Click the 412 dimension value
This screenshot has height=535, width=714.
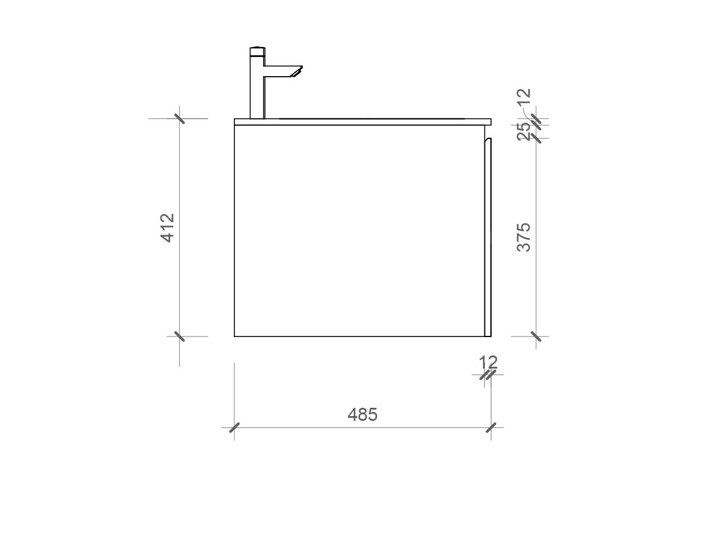pyautogui.click(x=168, y=227)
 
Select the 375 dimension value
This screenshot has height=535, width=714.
pyautogui.click(x=524, y=237)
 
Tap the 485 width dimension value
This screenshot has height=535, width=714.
pyautogui.click(x=362, y=414)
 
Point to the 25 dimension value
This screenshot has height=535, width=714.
pyautogui.click(x=524, y=131)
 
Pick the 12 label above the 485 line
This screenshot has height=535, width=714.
pyautogui.click(x=488, y=361)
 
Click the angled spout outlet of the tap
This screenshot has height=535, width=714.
pyautogui.click(x=295, y=72)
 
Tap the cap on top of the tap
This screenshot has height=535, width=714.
pyautogui.click(x=256, y=51)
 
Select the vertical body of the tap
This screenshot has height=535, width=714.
pyautogui.click(x=256, y=89)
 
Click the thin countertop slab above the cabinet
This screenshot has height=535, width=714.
pyautogui.click(x=363, y=122)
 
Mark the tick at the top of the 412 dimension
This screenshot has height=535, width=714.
pyautogui.click(x=179, y=118)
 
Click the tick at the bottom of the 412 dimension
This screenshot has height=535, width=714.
pyautogui.click(x=179, y=336)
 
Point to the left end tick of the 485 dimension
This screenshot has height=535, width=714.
pyautogui.click(x=234, y=427)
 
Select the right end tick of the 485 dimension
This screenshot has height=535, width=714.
pyautogui.click(x=491, y=427)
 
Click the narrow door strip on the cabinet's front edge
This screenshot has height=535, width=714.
pyautogui.click(x=488, y=238)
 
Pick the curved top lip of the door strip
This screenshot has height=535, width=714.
pyautogui.click(x=487, y=140)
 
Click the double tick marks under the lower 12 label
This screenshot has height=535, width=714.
pyautogui.click(x=488, y=375)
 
